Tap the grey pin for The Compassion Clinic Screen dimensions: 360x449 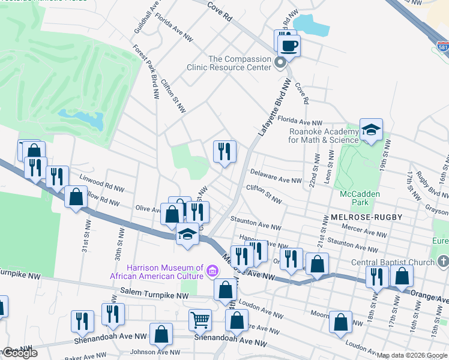tap(280, 63)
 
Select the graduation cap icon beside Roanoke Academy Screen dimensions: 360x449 tap(372, 130)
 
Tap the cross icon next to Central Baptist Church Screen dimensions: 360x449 tap(443, 262)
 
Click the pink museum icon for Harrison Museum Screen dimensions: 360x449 tap(211, 272)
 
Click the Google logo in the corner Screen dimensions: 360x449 tap(19, 353)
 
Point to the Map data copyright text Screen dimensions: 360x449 tap(412, 356)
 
